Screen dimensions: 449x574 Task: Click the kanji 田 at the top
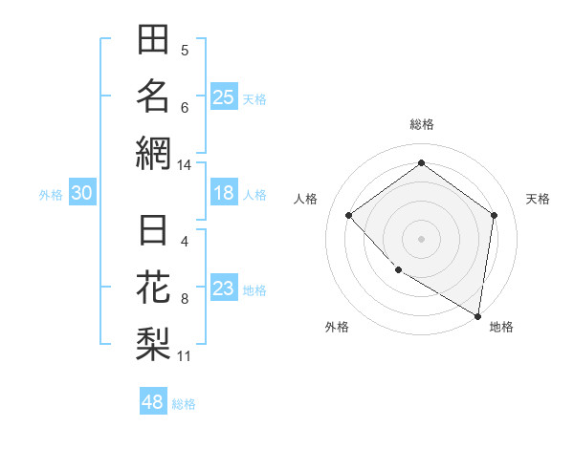(153, 41)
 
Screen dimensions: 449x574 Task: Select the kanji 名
(153, 96)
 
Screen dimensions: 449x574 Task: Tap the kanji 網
(153, 151)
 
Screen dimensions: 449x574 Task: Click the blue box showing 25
(224, 96)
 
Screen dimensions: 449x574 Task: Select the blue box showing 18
(224, 193)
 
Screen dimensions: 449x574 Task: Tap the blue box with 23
(224, 289)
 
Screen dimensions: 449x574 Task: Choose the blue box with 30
(82, 193)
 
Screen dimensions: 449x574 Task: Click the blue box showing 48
(153, 402)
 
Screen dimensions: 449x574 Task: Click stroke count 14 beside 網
(185, 165)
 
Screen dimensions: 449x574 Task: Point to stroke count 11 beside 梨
(185, 357)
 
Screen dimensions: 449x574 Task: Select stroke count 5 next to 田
(185, 50)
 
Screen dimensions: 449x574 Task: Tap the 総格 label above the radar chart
(421, 124)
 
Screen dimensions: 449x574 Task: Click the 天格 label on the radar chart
(539, 199)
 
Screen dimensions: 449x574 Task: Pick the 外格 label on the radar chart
(337, 328)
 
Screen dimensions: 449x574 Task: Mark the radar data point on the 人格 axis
(349, 215)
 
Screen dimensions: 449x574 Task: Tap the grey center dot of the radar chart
(421, 238)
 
